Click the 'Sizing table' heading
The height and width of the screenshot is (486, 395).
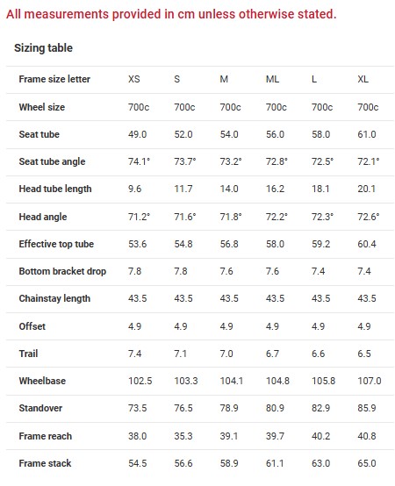[43, 48]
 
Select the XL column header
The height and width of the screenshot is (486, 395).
[363, 79]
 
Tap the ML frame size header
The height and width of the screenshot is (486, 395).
[272, 79]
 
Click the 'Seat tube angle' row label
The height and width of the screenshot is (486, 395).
[52, 161]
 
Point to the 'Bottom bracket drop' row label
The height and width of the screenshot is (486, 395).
[62, 272]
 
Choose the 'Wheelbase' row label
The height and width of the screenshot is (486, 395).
[42, 381]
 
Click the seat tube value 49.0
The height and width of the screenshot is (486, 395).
[137, 134]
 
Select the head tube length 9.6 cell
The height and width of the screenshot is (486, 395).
[134, 189]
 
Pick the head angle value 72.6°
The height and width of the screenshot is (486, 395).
[369, 217]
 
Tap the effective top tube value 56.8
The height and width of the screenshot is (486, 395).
[229, 244]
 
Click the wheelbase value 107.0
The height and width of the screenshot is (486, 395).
[370, 381]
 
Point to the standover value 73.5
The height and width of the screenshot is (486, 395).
[137, 408]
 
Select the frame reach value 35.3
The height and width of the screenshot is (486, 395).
[183, 436]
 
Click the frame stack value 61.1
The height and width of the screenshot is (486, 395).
[275, 463]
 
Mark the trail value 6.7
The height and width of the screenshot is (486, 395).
[272, 354]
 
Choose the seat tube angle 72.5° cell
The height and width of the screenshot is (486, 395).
[322, 161]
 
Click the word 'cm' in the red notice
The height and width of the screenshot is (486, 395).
[186, 14]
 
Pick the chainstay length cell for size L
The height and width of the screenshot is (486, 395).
[321, 298]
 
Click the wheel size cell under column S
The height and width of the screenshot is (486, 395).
[184, 107]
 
